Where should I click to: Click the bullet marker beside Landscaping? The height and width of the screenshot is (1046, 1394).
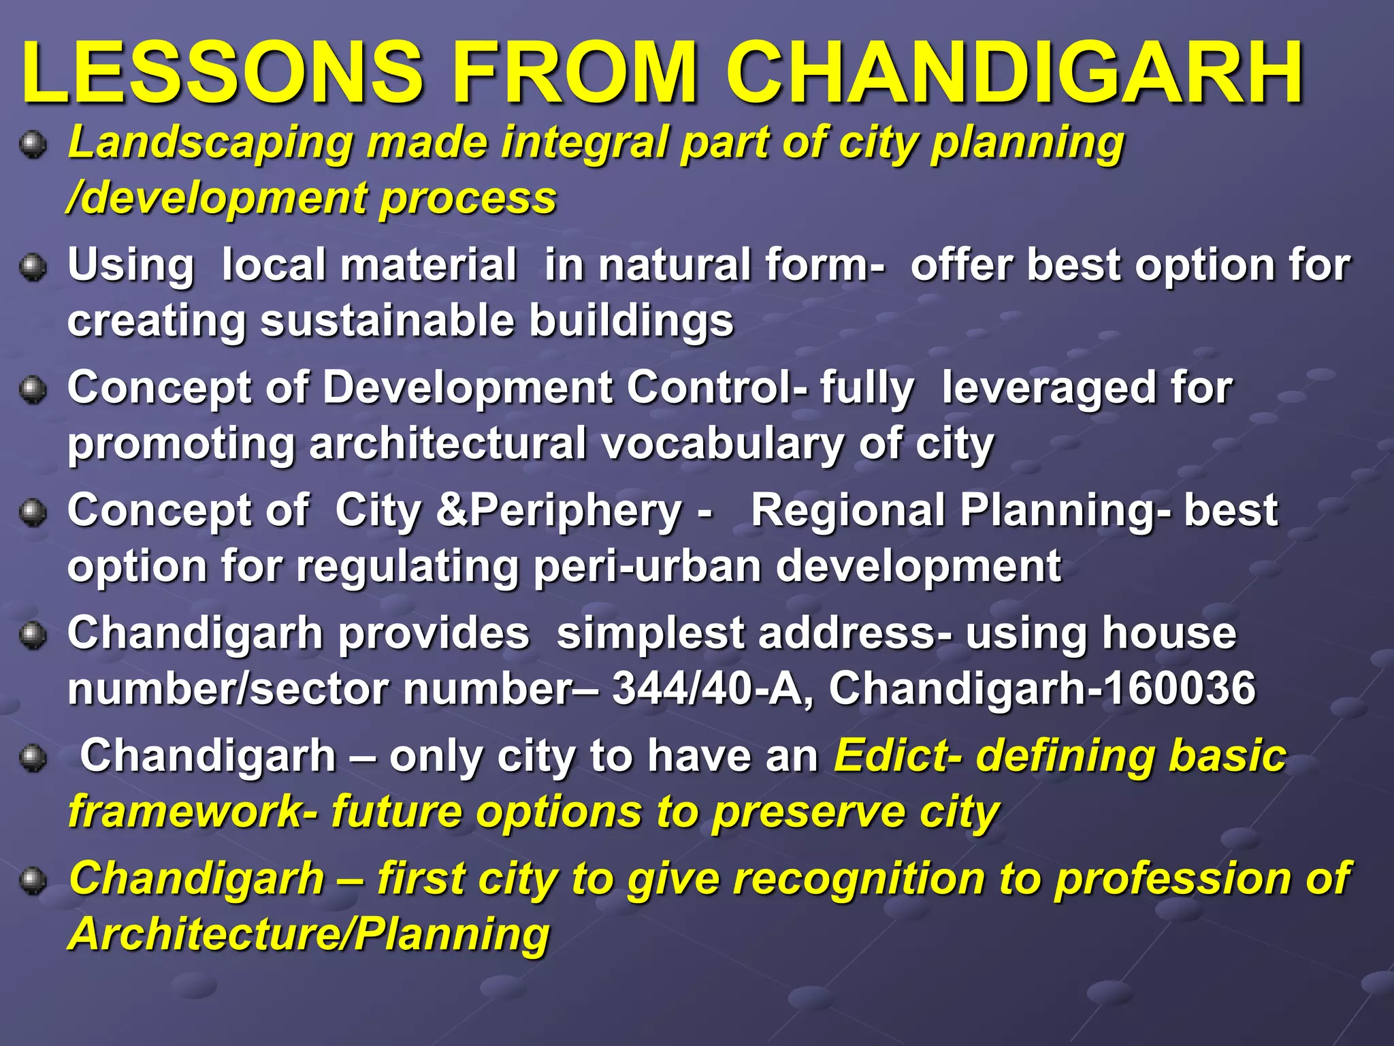pos(33,145)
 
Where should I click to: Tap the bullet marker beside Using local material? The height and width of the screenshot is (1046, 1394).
pos(33,268)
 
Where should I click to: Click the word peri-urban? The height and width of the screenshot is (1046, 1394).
pos(647,566)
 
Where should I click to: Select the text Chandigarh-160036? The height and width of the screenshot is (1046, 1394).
pos(1041,688)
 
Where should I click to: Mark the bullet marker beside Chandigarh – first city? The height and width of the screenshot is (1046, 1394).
pos(33,881)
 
